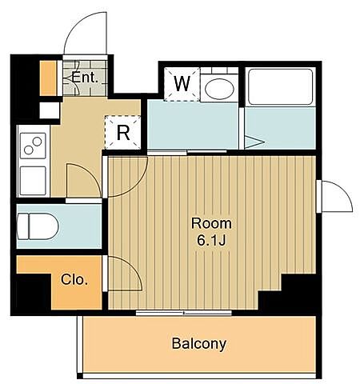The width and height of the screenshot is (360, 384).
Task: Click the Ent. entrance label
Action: pyautogui.click(x=85, y=78)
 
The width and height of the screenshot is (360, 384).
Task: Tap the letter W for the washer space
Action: pyautogui.click(x=182, y=84)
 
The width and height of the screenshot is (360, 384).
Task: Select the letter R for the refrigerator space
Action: pyautogui.click(x=123, y=133)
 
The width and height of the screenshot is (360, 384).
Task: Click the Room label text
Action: pyautogui.click(x=211, y=223)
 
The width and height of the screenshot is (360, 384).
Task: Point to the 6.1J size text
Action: pyautogui.click(x=211, y=241)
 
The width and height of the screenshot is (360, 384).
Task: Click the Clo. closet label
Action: pyautogui.click(x=74, y=279)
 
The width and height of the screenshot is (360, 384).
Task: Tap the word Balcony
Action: pyautogui.click(x=199, y=343)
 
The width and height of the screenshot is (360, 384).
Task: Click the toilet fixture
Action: pyautogui.click(x=38, y=226)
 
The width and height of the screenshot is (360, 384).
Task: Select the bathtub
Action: pyautogui.click(x=280, y=86)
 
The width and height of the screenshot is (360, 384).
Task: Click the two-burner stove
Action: pyautogui.click(x=33, y=146)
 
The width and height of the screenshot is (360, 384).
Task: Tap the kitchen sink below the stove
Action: pyautogui.click(x=33, y=181)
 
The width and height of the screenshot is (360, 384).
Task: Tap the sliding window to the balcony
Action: pyautogui.click(x=183, y=313)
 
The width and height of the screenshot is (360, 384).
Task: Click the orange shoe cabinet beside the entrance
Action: pyautogui.click(x=48, y=78)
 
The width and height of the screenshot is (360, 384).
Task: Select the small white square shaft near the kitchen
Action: pyautogui.click(x=50, y=110)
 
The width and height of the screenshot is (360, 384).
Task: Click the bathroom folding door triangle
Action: pyautogui.click(x=254, y=142)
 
